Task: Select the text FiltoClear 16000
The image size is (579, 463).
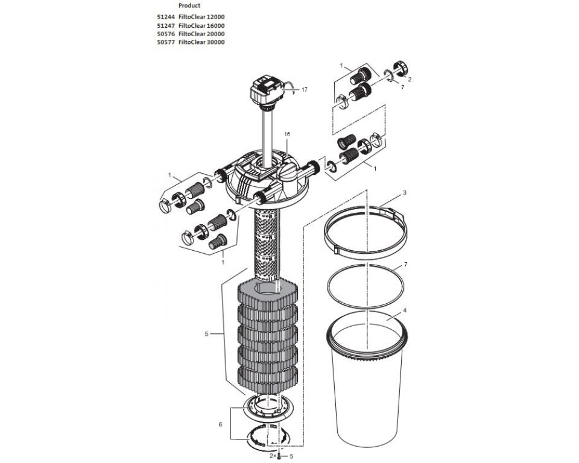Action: point(201,26)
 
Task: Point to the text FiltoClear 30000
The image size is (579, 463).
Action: point(201,42)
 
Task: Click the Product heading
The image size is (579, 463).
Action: point(189,5)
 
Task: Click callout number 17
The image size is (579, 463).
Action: point(304,89)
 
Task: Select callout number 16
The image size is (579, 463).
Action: point(287,133)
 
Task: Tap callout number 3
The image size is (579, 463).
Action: point(405,193)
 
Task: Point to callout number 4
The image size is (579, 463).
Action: point(405,310)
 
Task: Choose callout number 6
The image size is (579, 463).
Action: point(220,424)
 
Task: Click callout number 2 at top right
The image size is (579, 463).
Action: point(410,78)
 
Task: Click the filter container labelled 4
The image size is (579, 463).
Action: point(370,386)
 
